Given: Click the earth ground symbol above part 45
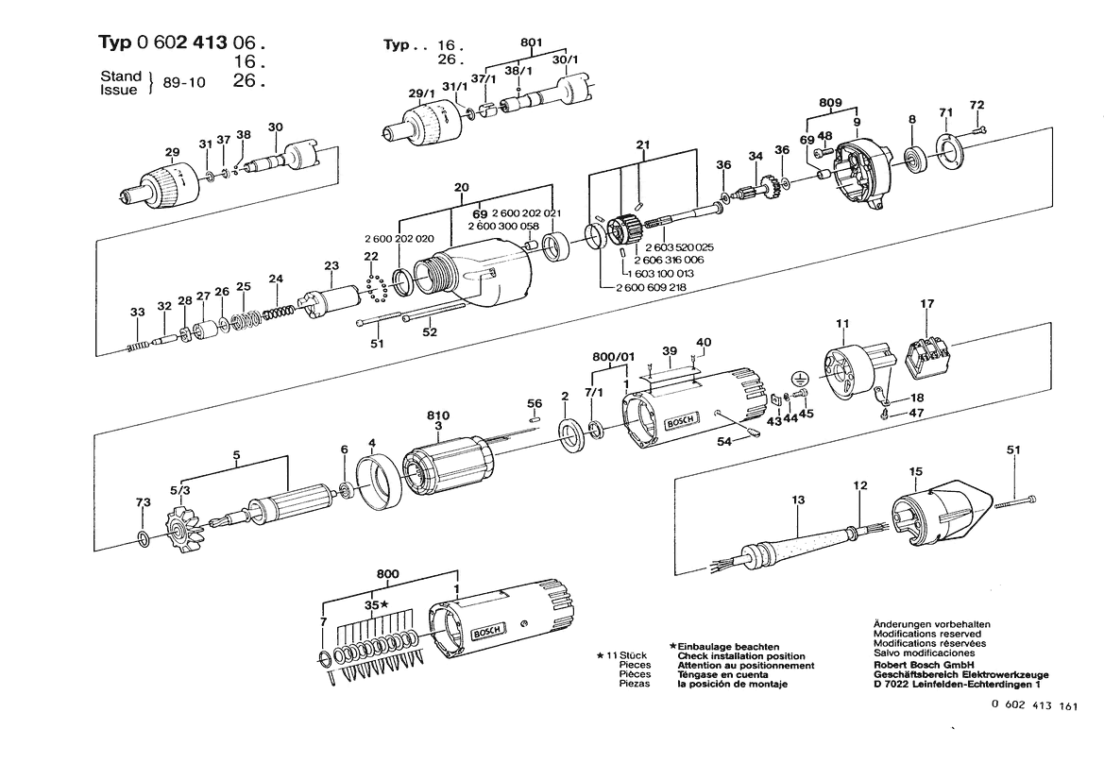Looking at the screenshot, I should click(x=800, y=378).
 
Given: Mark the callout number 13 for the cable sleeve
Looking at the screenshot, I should click(x=798, y=500).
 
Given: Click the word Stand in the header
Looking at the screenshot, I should click(x=120, y=75).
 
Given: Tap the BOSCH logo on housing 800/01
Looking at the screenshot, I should click(x=679, y=421).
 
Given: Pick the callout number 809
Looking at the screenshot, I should click(x=830, y=101).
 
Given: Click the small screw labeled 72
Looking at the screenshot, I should click(x=980, y=129).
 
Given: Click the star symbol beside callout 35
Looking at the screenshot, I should click(x=384, y=604).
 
